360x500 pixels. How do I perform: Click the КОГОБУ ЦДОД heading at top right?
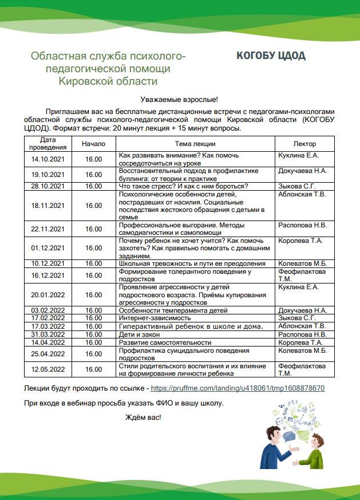(x=271, y=56)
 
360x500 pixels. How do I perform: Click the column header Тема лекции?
(x=195, y=144)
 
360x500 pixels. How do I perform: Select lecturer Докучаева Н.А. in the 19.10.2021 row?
(x=302, y=171)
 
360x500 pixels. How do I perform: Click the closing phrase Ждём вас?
(x=143, y=416)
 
